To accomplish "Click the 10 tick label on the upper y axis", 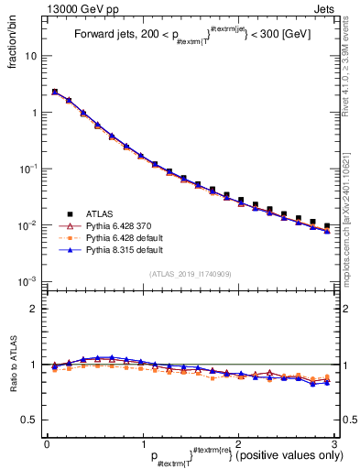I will point(30,56).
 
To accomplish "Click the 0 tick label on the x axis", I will point(47,443).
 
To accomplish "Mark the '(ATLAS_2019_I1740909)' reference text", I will point(190,274).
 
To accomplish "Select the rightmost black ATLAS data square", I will point(327,225).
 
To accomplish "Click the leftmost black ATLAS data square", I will point(55,92).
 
